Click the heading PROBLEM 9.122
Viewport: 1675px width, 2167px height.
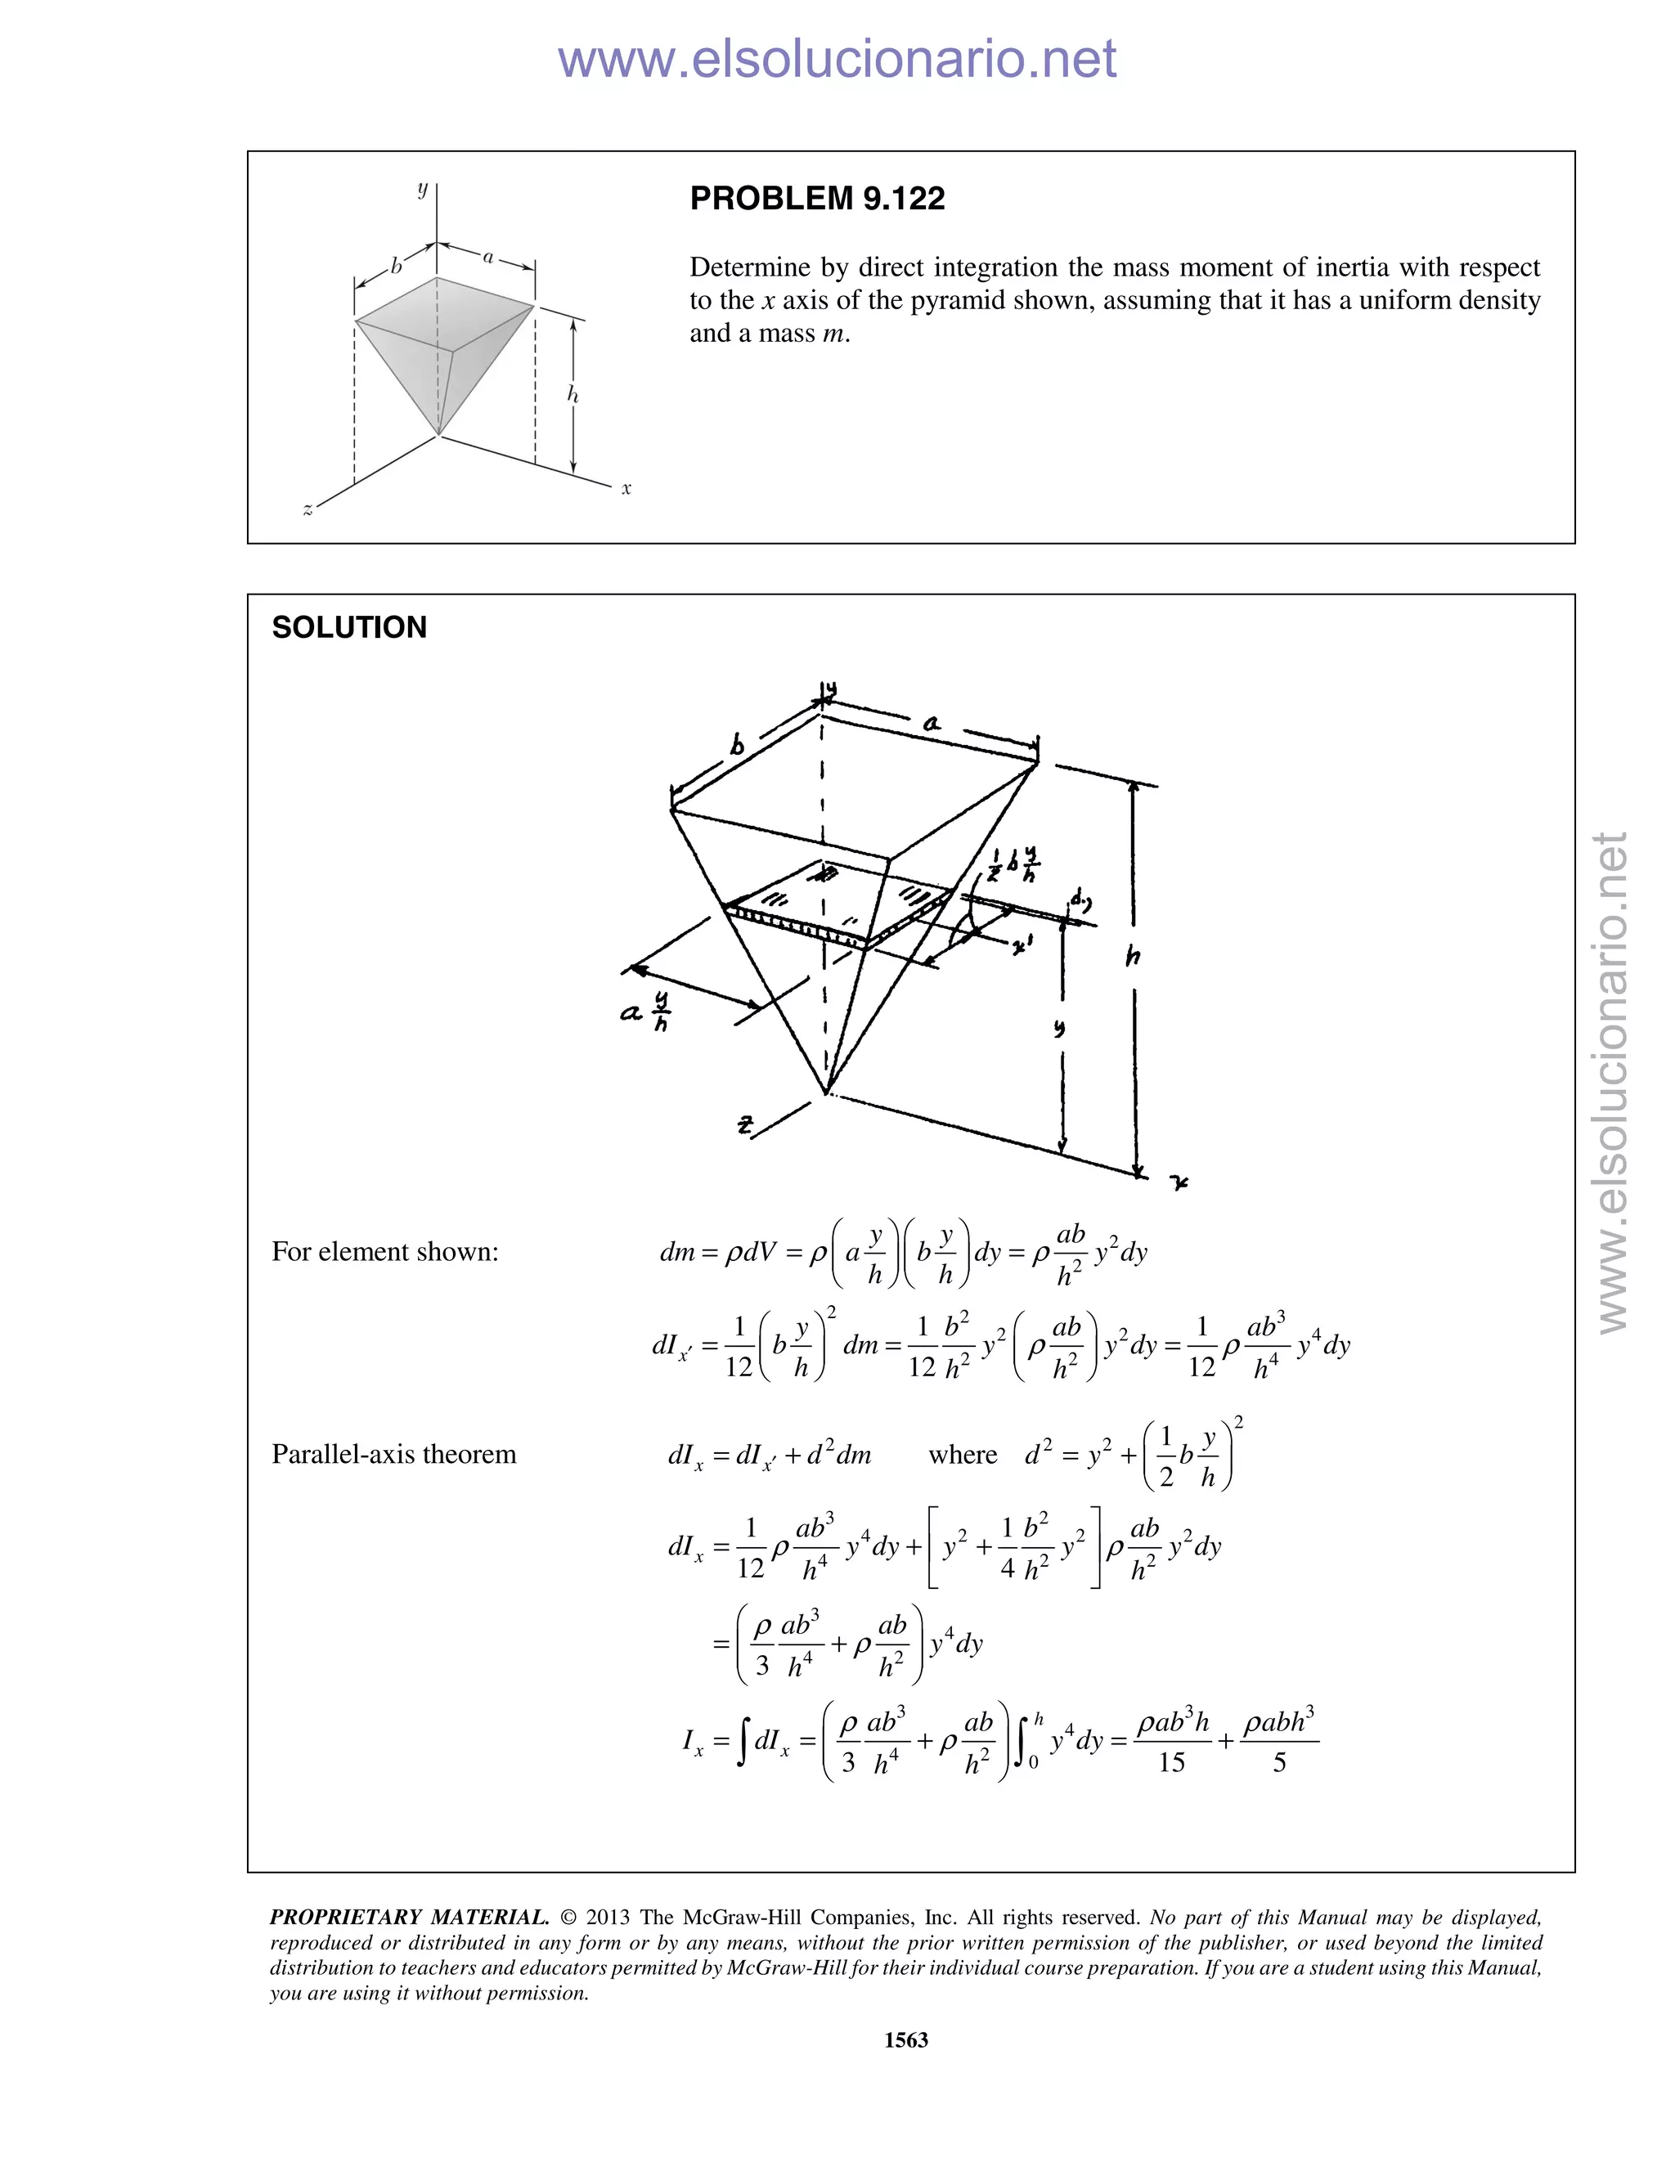click(817, 199)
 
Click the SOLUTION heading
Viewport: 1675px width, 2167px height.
click(349, 627)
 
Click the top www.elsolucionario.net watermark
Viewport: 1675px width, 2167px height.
click(837, 59)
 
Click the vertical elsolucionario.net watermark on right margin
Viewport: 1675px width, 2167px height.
click(1613, 1082)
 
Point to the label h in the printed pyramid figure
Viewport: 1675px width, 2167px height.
click(573, 395)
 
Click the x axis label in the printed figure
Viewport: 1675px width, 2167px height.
click(626, 488)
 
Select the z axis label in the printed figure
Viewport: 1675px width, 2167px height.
click(308, 510)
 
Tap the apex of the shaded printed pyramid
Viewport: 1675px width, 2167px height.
click(438, 434)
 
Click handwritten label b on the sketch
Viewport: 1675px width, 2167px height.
click(737, 744)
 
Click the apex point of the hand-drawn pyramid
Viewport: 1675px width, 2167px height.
click(825, 1093)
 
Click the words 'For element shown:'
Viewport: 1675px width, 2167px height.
click(385, 1251)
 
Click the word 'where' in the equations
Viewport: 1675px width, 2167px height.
click(963, 1455)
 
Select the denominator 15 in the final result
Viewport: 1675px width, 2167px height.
click(1172, 1762)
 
